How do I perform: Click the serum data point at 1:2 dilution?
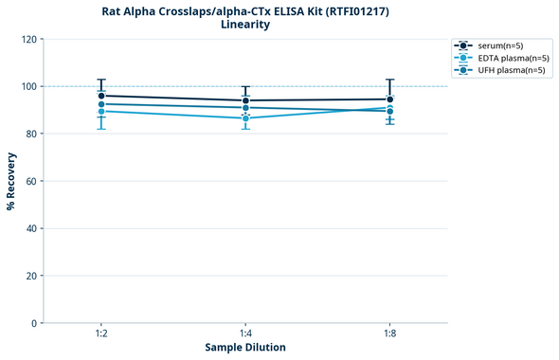(x=101, y=96)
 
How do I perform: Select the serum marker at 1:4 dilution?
(x=245, y=100)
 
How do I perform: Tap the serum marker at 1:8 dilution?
(x=389, y=99)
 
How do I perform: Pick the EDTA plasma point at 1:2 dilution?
(x=101, y=112)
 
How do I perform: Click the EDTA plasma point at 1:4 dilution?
(x=245, y=117)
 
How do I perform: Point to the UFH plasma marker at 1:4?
(x=245, y=108)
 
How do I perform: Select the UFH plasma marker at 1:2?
(x=101, y=104)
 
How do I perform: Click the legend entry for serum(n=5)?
(x=502, y=45)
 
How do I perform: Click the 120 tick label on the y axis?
(x=28, y=39)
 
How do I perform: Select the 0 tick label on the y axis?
(x=34, y=323)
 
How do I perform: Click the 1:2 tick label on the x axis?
(x=101, y=333)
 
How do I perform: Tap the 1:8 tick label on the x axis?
(x=389, y=333)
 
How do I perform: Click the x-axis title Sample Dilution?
(x=245, y=348)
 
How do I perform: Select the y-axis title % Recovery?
(x=11, y=181)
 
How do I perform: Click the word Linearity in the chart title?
(x=245, y=25)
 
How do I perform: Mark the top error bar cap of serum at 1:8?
(x=389, y=80)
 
